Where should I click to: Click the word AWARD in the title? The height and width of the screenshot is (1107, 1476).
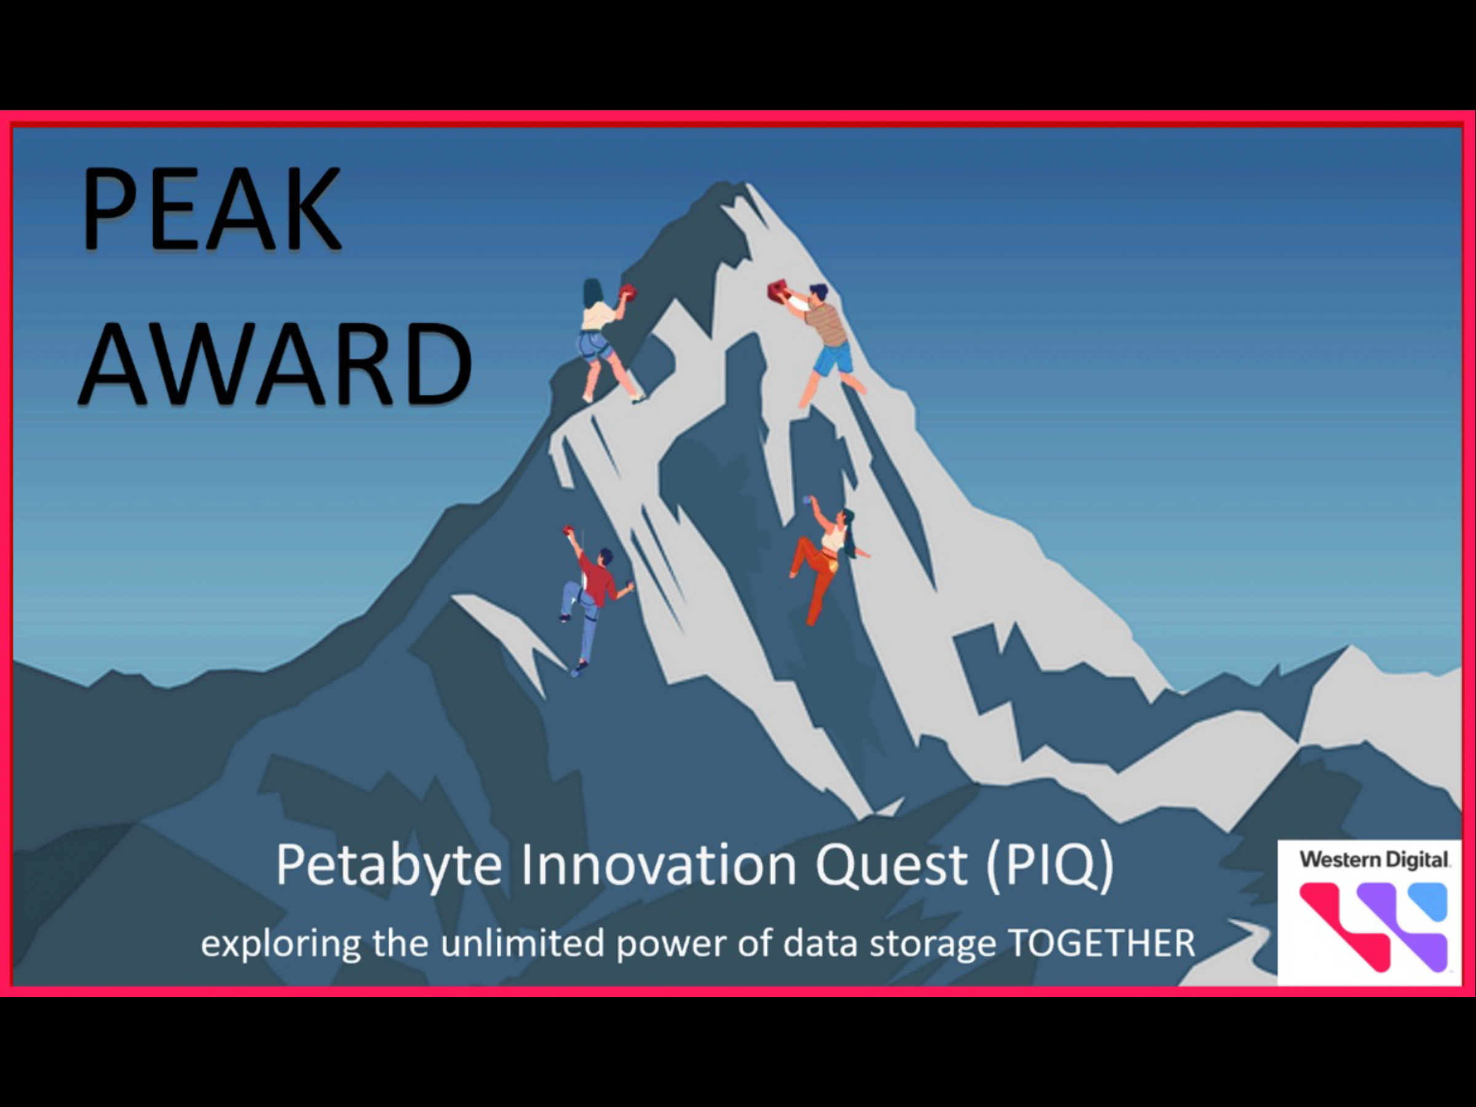[x=276, y=363]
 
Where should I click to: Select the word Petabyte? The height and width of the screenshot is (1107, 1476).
[x=388, y=867]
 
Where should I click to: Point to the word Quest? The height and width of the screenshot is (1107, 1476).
[x=891, y=865]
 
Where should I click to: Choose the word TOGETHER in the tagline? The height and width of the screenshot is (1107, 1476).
[x=1101, y=943]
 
